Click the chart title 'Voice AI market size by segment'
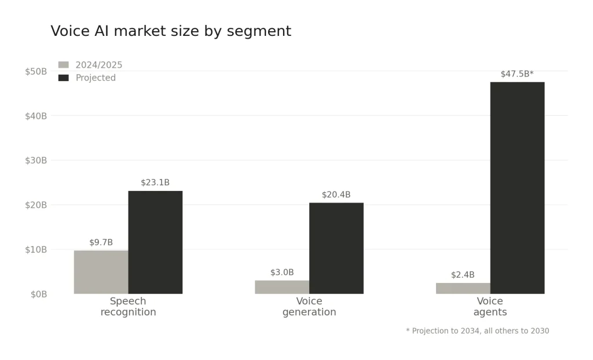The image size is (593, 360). coord(171,31)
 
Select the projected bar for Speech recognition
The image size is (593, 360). coord(155,243)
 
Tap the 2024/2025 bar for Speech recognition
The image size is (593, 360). coord(101,272)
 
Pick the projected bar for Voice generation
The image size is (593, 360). coord(336,248)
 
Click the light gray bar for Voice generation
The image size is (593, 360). coord(282,287)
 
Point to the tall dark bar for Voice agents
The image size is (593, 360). coord(517,188)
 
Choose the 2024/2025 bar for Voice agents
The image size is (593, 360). coord(463,288)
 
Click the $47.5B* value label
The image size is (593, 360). coord(517,74)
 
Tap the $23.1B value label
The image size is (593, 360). coord(155,183)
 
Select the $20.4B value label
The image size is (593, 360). coord(336,195)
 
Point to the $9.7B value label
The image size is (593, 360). coord(101,243)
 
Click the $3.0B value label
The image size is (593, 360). coord(282,273)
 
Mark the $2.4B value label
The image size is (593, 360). coord(463,275)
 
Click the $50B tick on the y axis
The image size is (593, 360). coord(36,71)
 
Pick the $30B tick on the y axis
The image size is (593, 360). coord(36,160)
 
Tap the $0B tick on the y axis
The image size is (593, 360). coord(39,294)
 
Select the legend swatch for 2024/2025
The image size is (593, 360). coord(64,65)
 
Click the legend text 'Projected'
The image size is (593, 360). coord(96,78)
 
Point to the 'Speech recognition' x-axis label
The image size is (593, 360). coord(128,307)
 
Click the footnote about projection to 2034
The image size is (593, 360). coord(477,331)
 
